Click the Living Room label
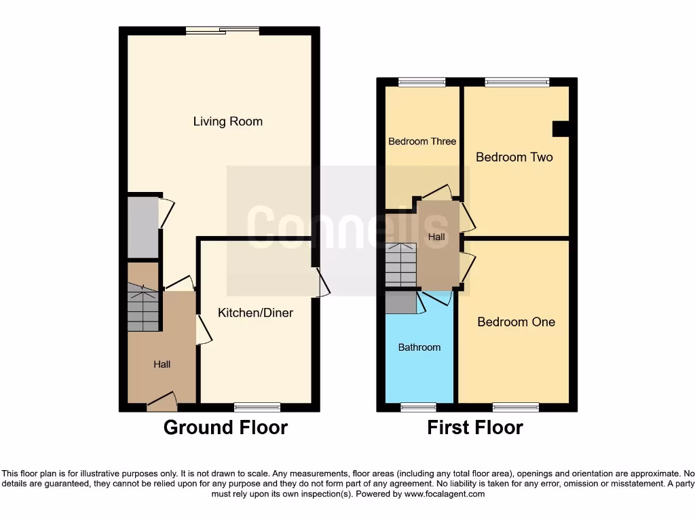click(227, 122)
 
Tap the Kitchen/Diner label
click(255, 313)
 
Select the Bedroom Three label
click(422, 142)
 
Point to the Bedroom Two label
click(514, 157)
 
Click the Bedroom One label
click(516, 322)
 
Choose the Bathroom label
click(419, 347)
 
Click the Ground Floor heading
click(225, 428)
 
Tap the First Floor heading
click(474, 428)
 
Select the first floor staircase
click(400, 265)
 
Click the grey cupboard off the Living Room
click(143, 227)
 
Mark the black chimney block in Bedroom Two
click(561, 129)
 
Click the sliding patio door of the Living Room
click(223, 30)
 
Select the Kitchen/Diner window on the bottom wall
click(257, 407)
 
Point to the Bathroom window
click(418, 407)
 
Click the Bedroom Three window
click(421, 83)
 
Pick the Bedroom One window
click(516, 407)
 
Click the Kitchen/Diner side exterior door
click(322, 282)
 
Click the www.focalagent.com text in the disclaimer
click(445, 495)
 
